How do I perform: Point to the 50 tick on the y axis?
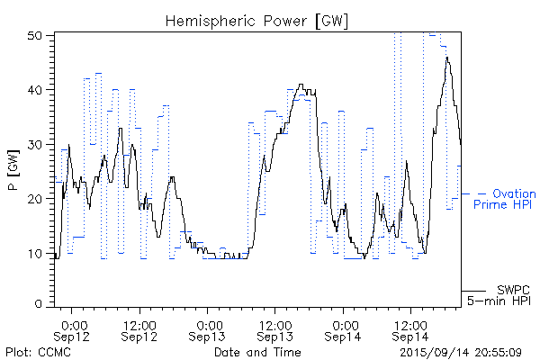[38, 35]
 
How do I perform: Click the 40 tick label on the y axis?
[38, 90]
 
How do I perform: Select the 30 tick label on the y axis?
[38, 144]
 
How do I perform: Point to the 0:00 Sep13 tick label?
[208, 329]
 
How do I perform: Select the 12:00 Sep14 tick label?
[410, 329]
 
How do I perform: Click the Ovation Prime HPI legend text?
[504, 199]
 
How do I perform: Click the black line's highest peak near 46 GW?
[447, 58]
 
